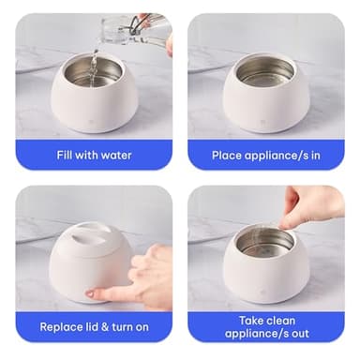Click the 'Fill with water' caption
tap(93, 155)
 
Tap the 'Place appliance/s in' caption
tap(265, 155)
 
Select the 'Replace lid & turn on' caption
tap(93, 327)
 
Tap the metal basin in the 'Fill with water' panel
tap(92, 73)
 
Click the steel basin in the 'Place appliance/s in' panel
tap(264, 70)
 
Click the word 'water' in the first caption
tap(113, 155)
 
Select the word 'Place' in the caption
tap(230, 155)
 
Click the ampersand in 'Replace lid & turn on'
tap(103, 327)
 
